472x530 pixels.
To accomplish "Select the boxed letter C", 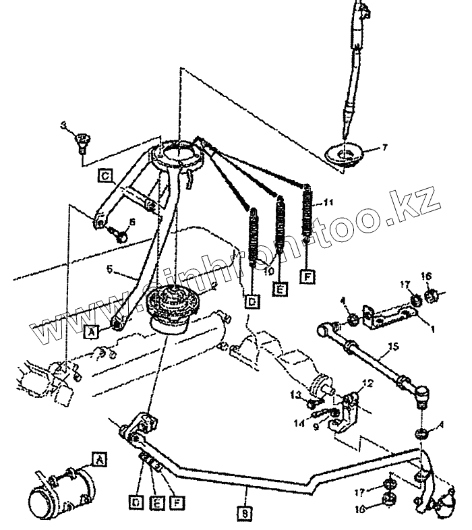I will point(105,177).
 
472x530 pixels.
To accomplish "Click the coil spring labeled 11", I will point(309,216).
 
